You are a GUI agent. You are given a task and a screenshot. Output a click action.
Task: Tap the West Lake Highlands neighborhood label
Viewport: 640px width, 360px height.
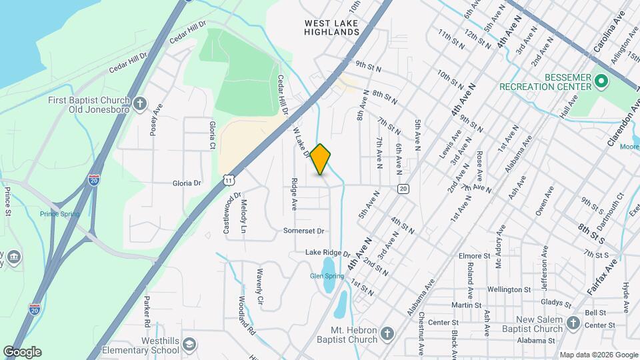pos(332,27)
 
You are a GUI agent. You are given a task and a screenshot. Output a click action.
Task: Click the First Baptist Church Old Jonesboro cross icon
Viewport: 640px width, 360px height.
pos(139,103)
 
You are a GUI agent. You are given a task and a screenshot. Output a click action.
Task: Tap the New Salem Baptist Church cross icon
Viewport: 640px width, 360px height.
pos(573,323)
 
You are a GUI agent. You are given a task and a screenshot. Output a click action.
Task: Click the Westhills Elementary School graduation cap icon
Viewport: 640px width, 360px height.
pos(189,344)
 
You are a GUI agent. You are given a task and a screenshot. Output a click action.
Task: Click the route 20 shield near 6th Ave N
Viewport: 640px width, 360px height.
pos(403,189)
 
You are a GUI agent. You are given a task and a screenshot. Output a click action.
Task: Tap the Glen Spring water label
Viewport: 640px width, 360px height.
pos(327,276)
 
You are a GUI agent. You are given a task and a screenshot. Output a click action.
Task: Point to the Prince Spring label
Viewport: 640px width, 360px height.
pos(59,214)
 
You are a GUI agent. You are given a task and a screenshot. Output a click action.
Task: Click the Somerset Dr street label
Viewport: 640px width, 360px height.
pos(303,231)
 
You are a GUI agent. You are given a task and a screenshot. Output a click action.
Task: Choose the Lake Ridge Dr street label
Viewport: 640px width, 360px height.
pos(327,253)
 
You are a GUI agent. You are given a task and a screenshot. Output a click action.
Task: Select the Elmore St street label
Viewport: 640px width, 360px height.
pos(475,255)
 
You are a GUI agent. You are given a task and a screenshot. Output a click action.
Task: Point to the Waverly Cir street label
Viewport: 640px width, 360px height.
pos(260,285)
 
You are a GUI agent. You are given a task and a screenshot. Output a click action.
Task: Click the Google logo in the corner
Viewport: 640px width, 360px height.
pos(23,351)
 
